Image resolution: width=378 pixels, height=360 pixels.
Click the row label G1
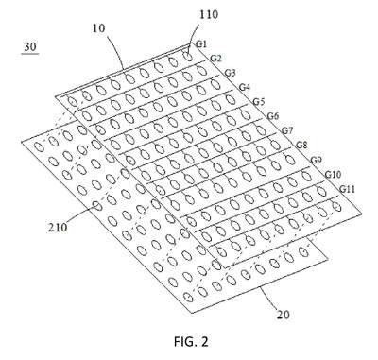201,43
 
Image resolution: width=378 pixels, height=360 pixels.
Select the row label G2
215,59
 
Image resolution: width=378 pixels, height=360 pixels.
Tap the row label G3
230,73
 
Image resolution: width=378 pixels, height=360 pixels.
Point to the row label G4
245,87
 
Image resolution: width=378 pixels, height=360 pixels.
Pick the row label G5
259,102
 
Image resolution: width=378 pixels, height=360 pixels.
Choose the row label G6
273,116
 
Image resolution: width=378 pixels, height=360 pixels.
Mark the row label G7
287,130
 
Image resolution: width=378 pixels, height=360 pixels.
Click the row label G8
301,146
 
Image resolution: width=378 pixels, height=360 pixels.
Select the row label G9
317,160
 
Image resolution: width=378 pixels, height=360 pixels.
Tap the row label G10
333,174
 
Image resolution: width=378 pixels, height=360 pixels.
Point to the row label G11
348,189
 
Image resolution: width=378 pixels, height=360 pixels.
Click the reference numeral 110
209,14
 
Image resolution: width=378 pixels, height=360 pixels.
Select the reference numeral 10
98,28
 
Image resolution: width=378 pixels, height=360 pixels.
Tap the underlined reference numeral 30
30,47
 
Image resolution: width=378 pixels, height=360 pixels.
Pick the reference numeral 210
58,227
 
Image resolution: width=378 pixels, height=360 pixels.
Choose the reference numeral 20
283,314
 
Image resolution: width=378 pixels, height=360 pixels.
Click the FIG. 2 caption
191,341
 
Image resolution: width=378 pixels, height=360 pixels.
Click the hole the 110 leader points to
188,57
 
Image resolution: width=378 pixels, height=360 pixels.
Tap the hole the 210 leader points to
97,206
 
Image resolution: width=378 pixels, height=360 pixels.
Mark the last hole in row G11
336,207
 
